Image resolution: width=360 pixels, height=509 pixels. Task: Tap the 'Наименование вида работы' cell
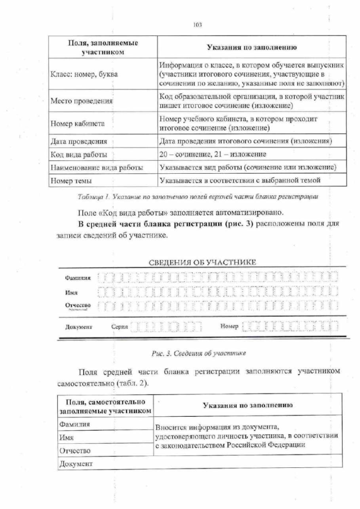click(96, 167)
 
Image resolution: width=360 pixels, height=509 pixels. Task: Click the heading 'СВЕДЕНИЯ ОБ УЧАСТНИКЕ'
click(202, 262)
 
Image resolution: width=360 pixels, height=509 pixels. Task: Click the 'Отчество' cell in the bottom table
click(75, 451)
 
